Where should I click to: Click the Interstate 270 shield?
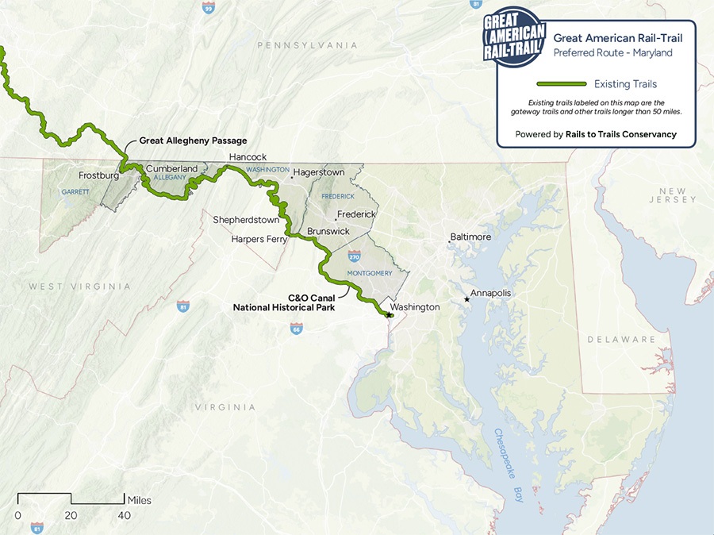coord(354,256)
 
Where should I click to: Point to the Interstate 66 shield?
coord(296,328)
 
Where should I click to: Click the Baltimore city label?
coord(470,237)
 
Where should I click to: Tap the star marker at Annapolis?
coord(466,299)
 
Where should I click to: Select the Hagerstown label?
coord(319,172)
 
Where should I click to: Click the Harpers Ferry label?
coord(259,239)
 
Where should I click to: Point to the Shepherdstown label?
coord(246,220)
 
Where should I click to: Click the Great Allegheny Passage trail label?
coord(193,140)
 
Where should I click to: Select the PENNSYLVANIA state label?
coord(307,45)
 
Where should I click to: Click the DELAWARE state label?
coord(621,340)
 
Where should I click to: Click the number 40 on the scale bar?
coord(125,515)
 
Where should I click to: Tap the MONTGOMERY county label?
coord(370,274)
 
